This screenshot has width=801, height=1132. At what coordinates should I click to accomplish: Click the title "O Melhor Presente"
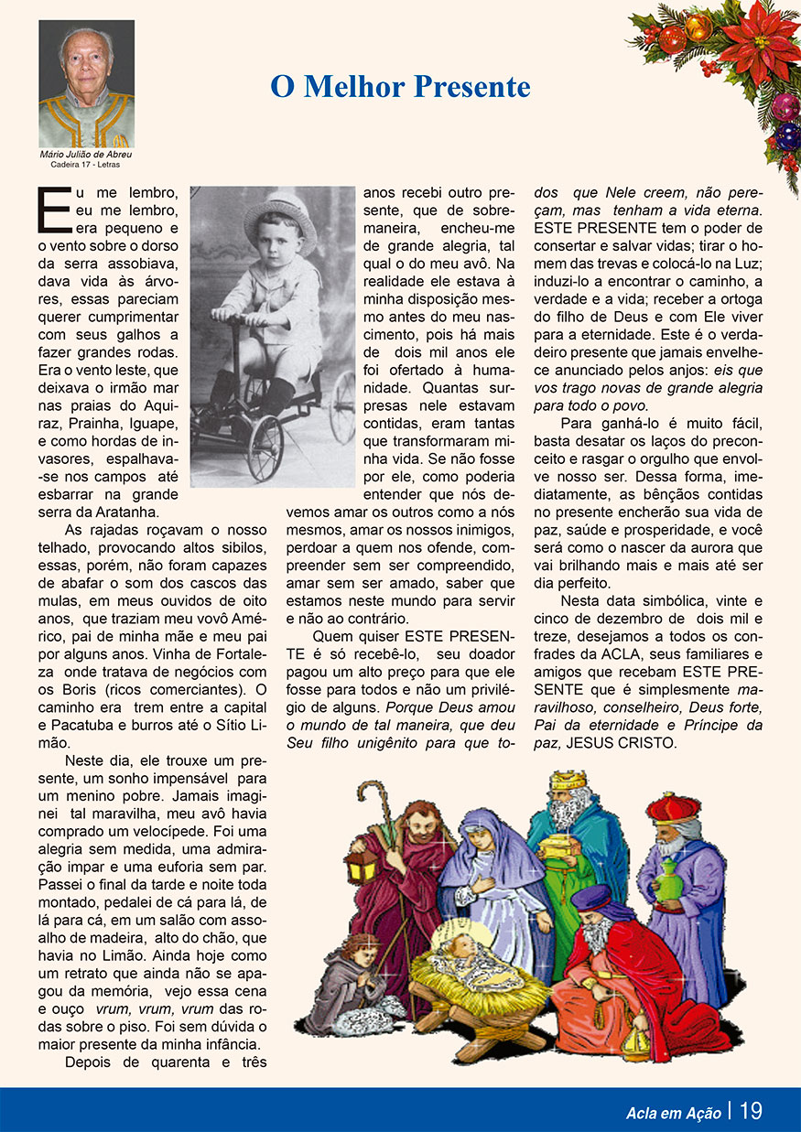tap(400, 87)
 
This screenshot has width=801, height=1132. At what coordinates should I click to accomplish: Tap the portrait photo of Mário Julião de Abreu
tap(86, 84)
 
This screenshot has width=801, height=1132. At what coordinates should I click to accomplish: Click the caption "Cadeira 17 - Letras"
tap(85, 165)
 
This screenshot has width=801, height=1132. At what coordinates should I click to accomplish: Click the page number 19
tap(751, 1111)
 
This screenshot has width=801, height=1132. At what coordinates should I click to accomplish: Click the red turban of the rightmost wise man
tap(673, 808)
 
